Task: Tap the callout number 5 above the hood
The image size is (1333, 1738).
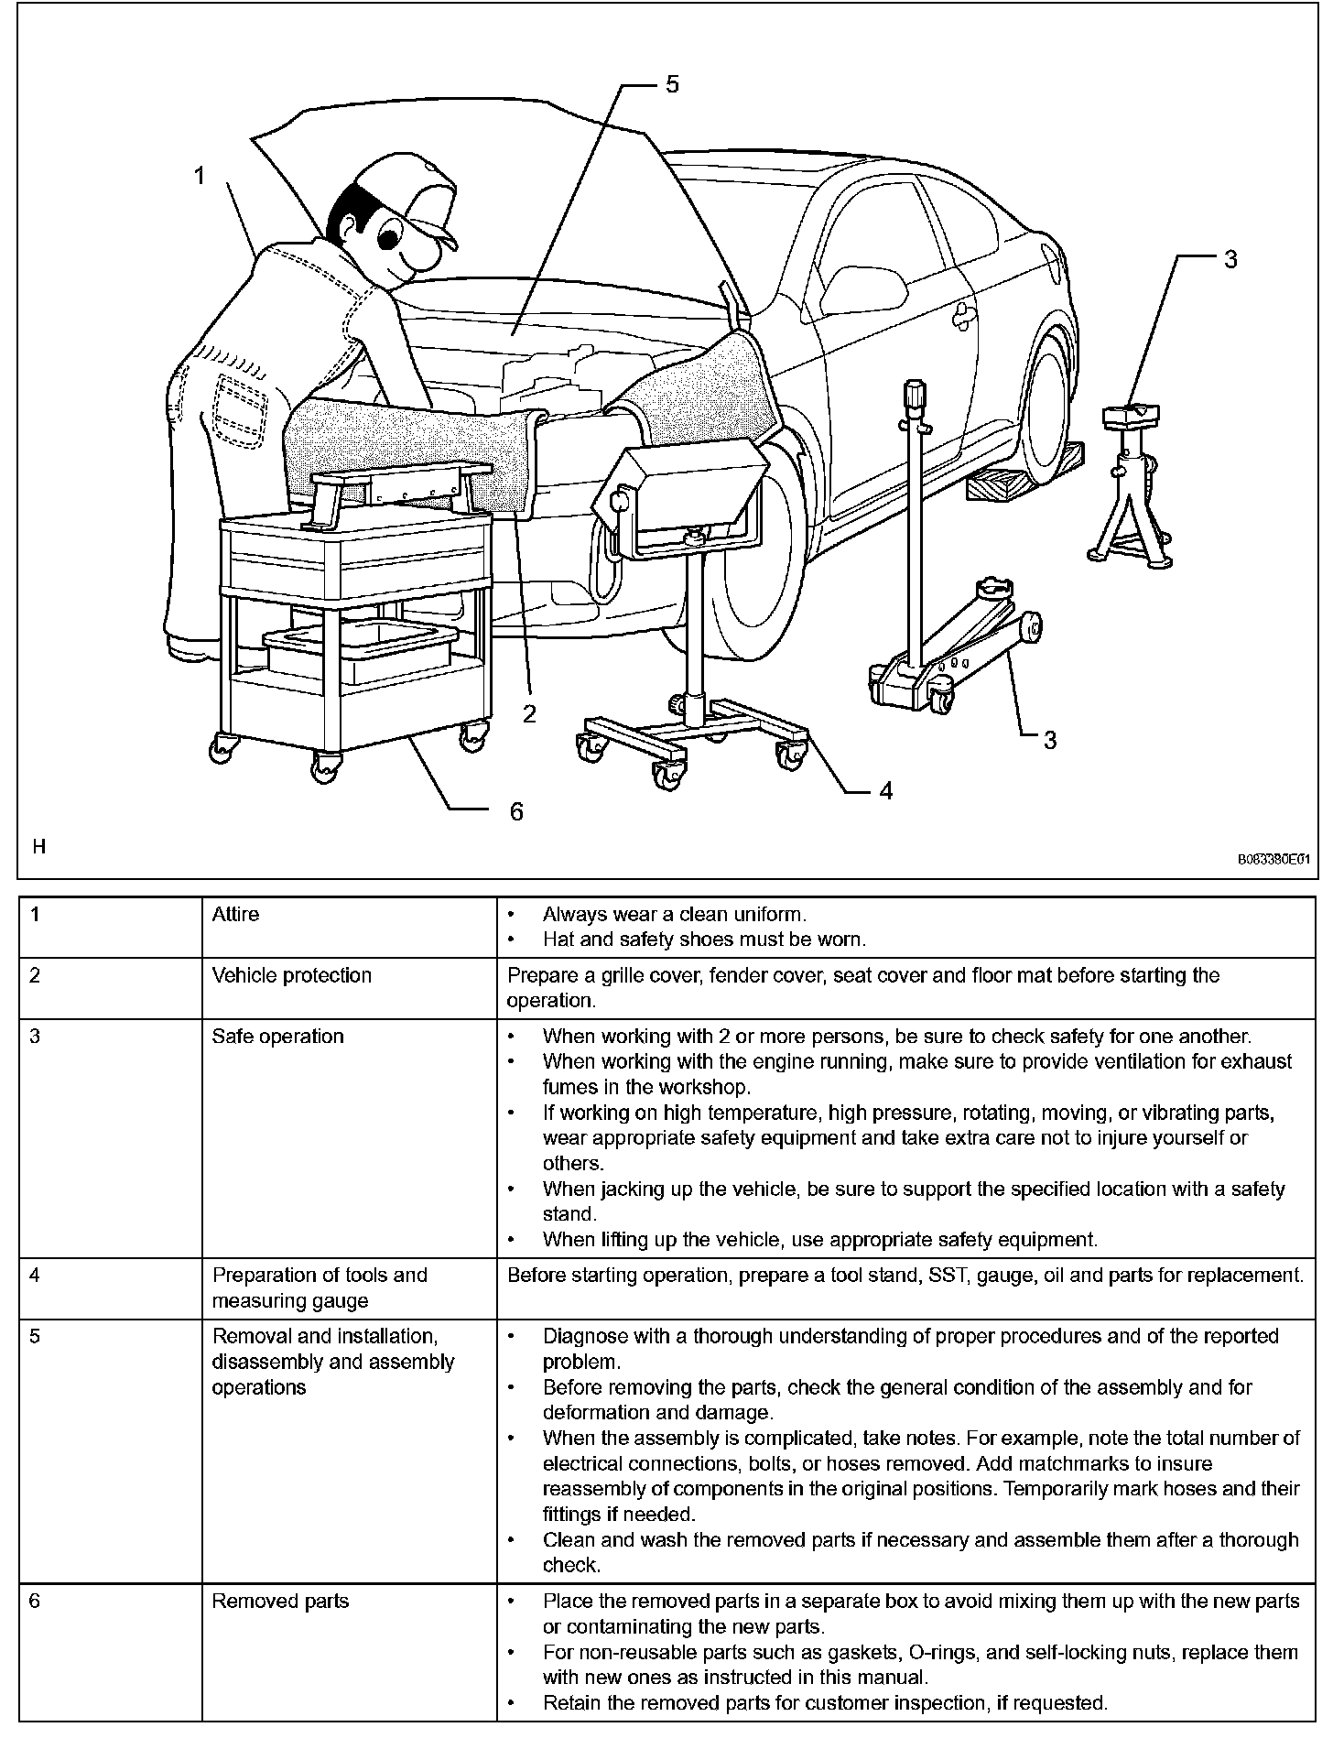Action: tap(672, 84)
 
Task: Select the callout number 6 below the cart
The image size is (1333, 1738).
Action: tap(516, 811)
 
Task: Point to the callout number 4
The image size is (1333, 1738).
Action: tap(885, 790)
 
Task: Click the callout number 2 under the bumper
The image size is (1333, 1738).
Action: tap(529, 713)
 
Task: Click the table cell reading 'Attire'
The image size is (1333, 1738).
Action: tap(235, 914)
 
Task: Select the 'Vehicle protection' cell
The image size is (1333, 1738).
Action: tap(292, 975)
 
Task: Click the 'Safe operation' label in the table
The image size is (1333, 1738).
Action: tap(278, 1037)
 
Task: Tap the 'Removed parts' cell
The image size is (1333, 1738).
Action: tap(281, 1602)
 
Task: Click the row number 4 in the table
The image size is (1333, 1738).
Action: tap(35, 1275)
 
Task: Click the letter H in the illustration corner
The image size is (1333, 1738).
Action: tap(39, 847)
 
